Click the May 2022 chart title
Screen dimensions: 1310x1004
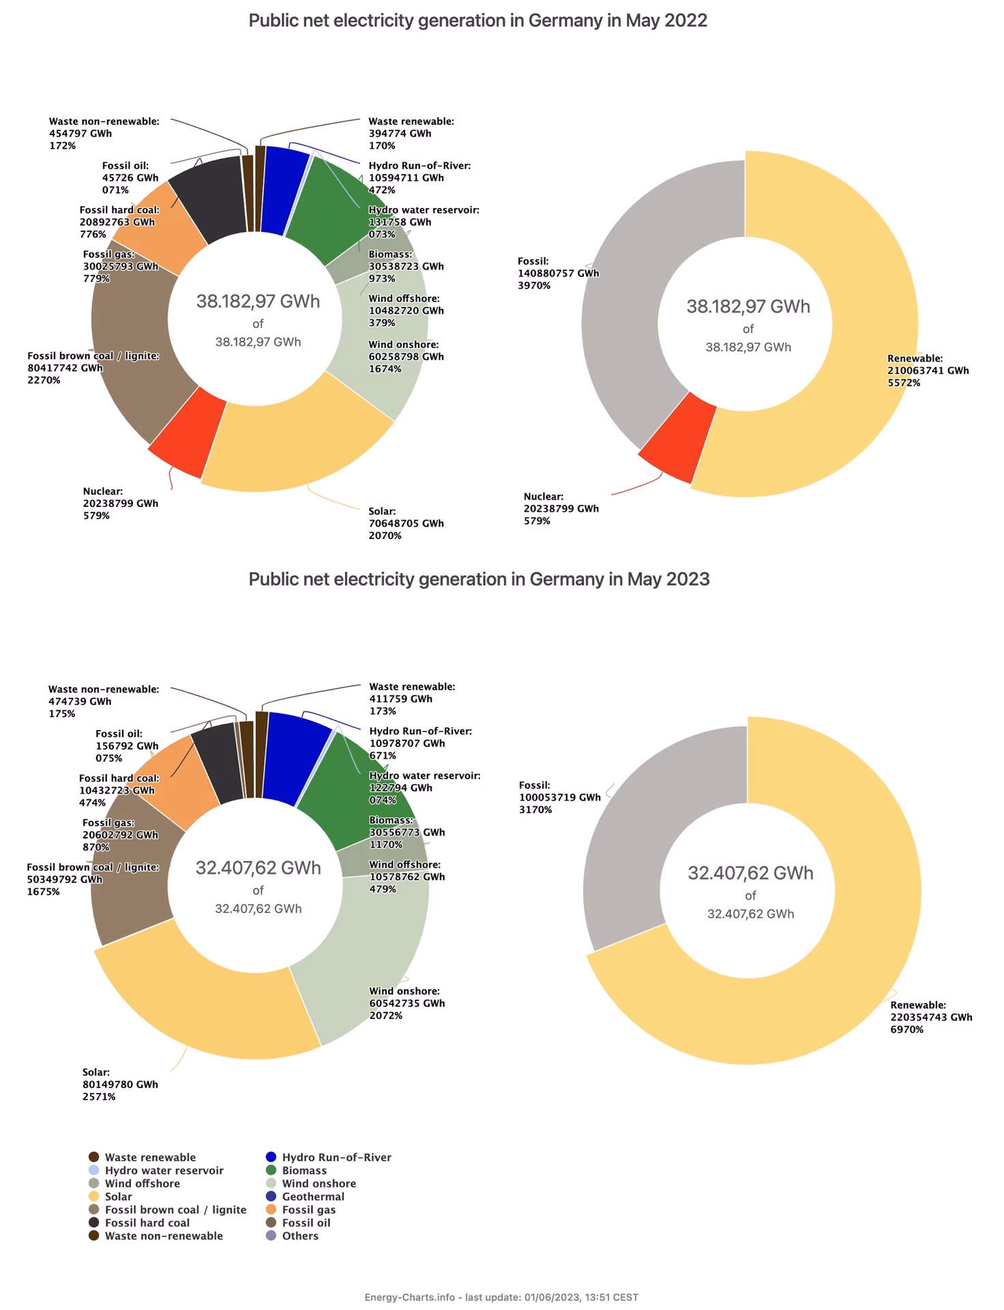(x=477, y=20)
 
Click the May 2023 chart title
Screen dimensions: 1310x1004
(x=479, y=579)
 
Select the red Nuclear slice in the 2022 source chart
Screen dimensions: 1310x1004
(x=186, y=435)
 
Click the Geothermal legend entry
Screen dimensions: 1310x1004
(x=313, y=1196)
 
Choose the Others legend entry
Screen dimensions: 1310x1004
(x=299, y=1236)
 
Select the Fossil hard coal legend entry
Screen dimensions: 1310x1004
(x=147, y=1223)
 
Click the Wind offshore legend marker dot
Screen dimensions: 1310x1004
(x=94, y=1183)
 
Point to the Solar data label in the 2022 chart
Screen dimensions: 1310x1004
(x=406, y=523)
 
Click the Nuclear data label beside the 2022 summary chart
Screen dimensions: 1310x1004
(x=561, y=508)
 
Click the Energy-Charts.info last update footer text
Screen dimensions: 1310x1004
(x=501, y=1297)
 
